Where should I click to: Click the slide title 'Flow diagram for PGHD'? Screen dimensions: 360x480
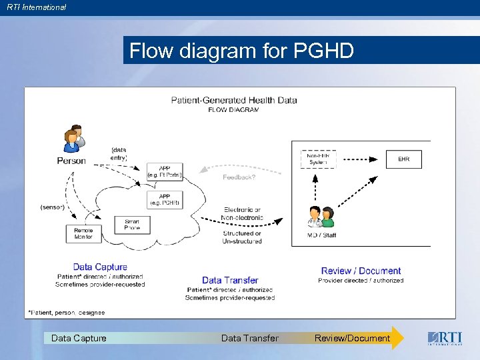click(241, 51)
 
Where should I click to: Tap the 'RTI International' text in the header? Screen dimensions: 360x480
click(37, 7)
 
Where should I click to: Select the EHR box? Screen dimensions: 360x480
click(404, 159)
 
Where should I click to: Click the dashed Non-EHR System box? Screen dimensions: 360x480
click(319, 159)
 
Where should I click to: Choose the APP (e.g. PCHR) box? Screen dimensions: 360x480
click(164, 199)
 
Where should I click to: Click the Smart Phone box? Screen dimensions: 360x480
click(132, 225)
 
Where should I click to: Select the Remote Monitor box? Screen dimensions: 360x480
click(84, 233)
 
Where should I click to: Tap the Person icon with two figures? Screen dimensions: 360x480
click(73, 137)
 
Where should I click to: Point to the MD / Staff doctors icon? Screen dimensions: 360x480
click(320, 217)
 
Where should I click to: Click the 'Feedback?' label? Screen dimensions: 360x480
click(239, 177)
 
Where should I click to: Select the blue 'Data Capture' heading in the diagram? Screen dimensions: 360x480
click(100, 267)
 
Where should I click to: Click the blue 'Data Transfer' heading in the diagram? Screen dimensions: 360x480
click(230, 280)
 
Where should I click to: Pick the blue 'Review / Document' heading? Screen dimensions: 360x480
click(361, 271)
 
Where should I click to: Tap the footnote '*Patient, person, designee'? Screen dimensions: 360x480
click(66, 312)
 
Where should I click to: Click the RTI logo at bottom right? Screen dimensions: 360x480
click(443, 338)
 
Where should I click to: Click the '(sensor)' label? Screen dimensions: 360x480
click(53, 207)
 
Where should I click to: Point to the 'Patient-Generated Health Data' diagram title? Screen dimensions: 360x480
click(234, 100)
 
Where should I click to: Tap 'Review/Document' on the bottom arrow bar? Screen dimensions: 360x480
click(352, 338)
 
